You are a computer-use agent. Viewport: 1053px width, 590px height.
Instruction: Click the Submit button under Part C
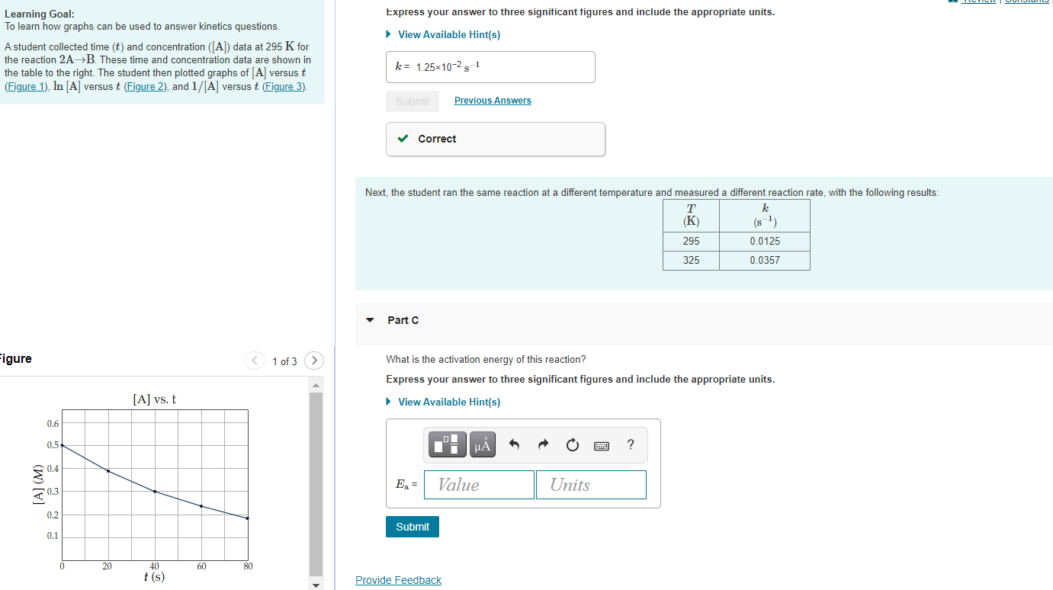point(413,527)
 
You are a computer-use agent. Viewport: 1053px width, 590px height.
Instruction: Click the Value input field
point(479,485)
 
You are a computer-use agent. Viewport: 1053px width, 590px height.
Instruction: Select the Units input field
point(591,485)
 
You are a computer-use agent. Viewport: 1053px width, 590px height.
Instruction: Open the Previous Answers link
point(493,101)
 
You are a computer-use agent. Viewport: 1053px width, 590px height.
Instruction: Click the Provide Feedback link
point(398,581)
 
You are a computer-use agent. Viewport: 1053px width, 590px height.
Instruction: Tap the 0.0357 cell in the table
point(764,260)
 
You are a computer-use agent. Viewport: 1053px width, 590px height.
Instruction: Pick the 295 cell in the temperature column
point(691,241)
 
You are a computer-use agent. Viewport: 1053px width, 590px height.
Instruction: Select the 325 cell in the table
point(691,260)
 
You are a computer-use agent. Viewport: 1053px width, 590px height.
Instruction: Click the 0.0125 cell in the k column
point(764,241)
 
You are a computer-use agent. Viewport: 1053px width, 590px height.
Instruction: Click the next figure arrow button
point(314,361)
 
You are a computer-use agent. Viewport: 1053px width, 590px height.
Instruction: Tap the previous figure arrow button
point(255,361)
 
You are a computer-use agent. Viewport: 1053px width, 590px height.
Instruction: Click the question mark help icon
point(631,444)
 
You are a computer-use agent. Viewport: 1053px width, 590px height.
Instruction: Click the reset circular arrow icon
point(573,444)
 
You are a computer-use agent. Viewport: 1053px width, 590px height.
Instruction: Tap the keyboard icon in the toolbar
point(602,445)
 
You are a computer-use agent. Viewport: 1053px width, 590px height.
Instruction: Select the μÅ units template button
point(483,444)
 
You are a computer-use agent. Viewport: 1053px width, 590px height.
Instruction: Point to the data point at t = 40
point(155,492)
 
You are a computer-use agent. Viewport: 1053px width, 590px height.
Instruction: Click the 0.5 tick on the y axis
point(53,444)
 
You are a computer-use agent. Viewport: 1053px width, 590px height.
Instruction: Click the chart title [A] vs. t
point(155,399)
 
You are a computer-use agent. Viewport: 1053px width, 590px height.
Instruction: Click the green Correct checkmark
point(403,139)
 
